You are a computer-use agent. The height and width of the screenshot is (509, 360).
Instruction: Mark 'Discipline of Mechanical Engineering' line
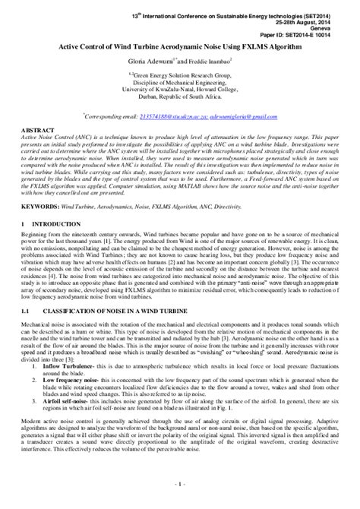(180, 82)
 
